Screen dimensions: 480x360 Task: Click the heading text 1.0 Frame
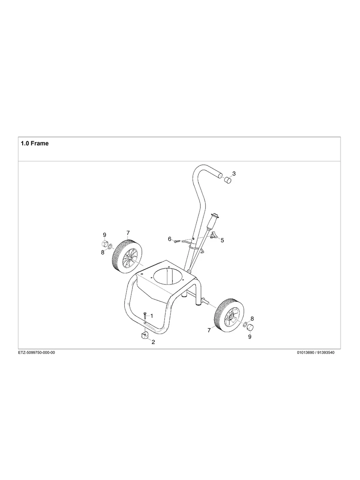coord(35,143)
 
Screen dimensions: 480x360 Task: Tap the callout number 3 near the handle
coord(234,174)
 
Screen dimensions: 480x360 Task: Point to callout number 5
coord(222,240)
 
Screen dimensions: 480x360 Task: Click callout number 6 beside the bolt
coord(170,239)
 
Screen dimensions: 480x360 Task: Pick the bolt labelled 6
coord(177,240)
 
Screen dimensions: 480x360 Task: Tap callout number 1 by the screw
coord(151,315)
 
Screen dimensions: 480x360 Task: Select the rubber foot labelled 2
coord(143,336)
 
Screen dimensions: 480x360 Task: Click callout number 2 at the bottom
coord(153,342)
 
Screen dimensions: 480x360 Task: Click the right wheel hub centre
coord(230,317)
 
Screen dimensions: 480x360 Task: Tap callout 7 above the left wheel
coord(128,233)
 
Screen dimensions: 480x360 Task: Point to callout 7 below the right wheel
coord(209,330)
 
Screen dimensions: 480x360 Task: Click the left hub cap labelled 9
coord(105,244)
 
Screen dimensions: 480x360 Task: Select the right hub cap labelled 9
coord(251,327)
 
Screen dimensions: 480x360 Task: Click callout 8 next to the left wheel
coord(103,252)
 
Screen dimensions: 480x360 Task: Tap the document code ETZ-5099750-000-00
coord(37,352)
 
